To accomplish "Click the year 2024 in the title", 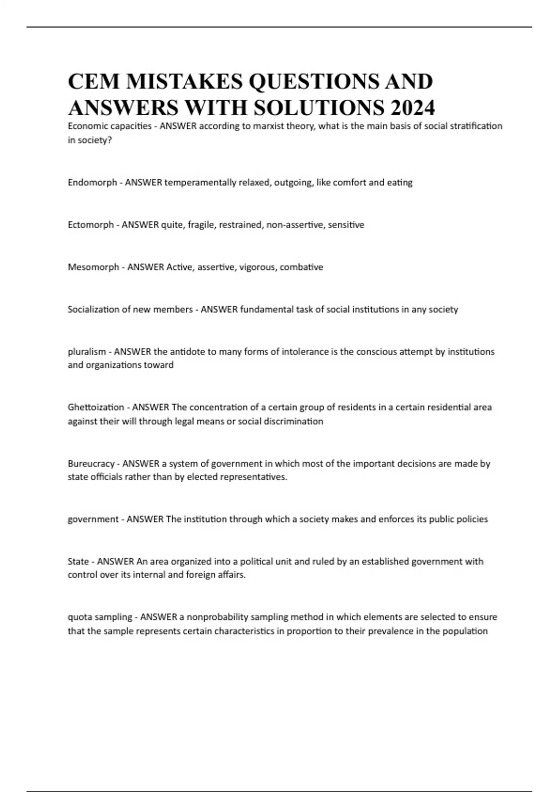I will (x=413, y=108).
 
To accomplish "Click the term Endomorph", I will (x=92, y=183).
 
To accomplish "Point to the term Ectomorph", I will (x=91, y=225).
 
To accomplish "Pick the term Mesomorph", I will (x=93, y=267).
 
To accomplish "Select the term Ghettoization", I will (x=96, y=407).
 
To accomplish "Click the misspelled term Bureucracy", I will (x=91, y=464).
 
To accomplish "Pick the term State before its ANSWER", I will (x=78, y=561).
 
